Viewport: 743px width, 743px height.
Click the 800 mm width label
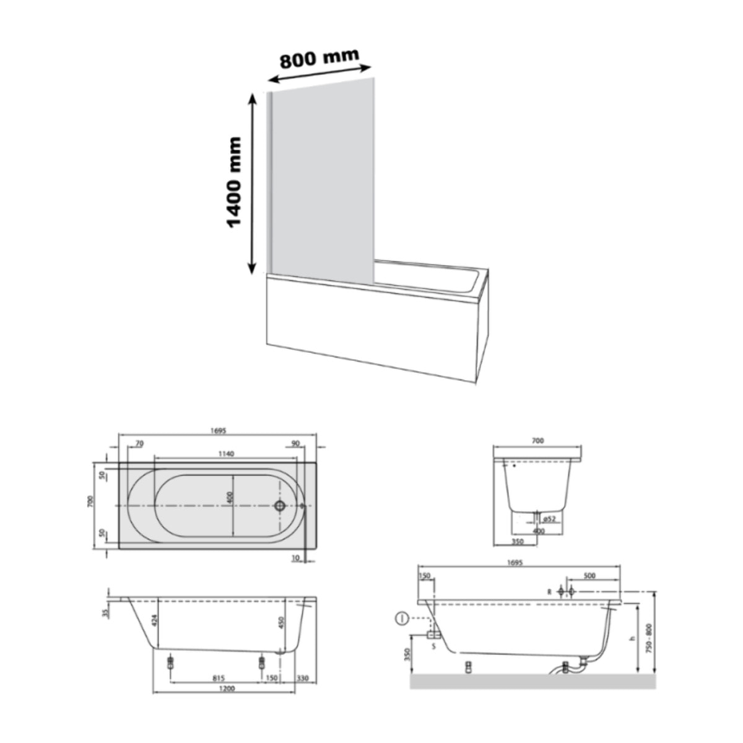tap(319, 58)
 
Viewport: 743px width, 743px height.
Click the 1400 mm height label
tap(234, 182)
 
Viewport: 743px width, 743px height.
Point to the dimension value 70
tap(139, 443)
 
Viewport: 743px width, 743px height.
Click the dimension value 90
tap(295, 443)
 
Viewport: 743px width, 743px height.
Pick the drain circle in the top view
tap(280, 506)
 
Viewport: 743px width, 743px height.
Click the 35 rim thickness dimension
tap(105, 612)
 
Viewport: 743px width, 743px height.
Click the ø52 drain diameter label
tap(548, 518)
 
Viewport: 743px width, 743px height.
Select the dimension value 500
tap(589, 576)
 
